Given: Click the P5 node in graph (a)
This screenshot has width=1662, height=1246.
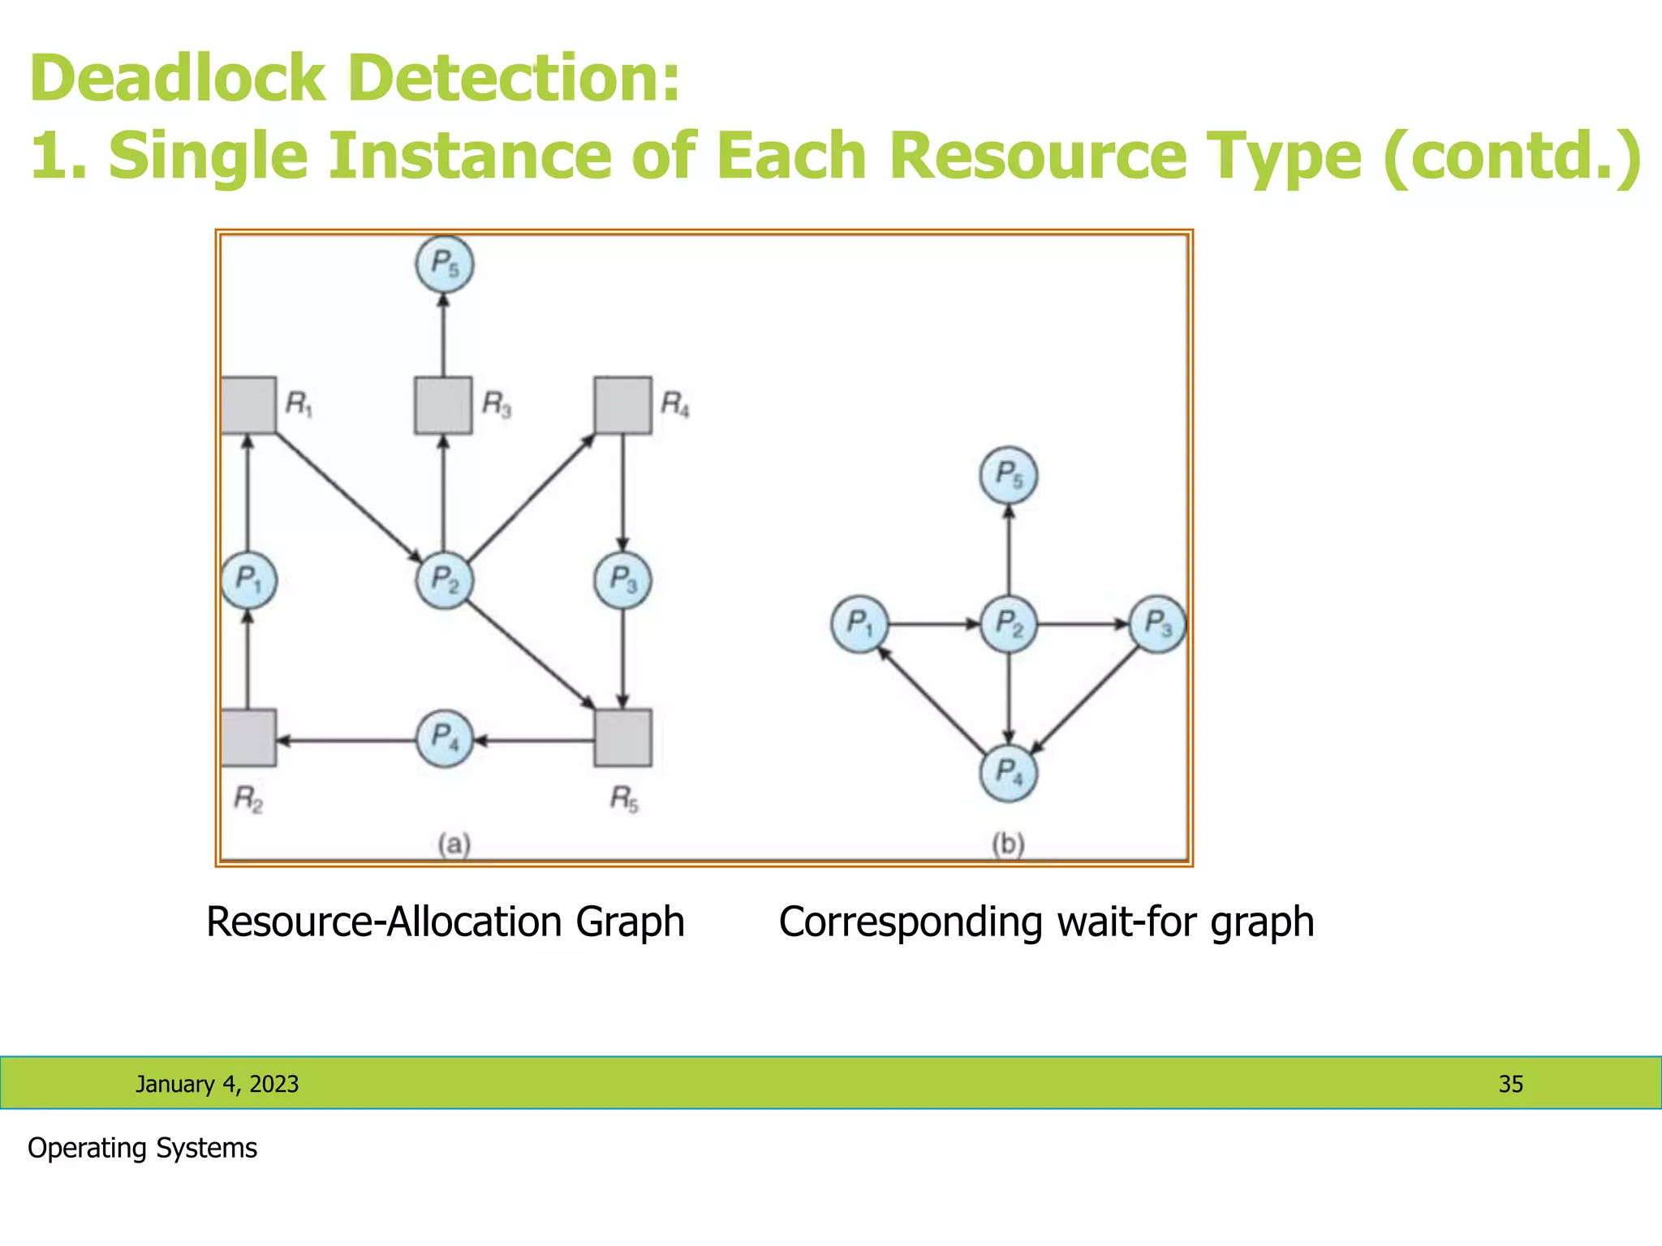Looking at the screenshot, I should click(x=444, y=264).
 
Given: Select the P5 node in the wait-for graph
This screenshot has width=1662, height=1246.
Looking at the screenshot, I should click(x=1008, y=475).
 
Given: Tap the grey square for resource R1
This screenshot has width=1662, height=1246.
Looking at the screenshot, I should click(x=248, y=405).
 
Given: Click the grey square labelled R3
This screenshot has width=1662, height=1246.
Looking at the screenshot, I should click(x=443, y=405).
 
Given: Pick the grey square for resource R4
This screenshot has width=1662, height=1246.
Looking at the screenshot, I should click(x=622, y=405).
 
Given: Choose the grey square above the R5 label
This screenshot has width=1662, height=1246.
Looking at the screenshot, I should click(x=622, y=737).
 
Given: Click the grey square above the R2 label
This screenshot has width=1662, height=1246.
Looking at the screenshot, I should click(x=248, y=737).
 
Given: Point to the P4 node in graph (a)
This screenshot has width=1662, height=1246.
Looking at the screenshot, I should click(x=444, y=738).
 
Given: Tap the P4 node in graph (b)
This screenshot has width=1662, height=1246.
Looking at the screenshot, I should click(x=1008, y=773).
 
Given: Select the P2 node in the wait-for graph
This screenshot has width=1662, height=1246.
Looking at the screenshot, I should click(x=1008, y=624).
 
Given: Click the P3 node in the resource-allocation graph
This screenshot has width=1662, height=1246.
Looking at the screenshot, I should click(x=622, y=580).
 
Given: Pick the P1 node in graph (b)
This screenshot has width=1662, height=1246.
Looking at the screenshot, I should click(x=859, y=624).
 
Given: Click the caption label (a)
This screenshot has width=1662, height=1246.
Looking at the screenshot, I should click(x=454, y=844).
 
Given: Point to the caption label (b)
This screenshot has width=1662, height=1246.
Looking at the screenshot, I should click(x=1008, y=844).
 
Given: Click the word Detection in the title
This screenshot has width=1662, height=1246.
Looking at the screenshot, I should click(x=514, y=79).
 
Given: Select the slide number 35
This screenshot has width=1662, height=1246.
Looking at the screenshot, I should click(x=1510, y=1084).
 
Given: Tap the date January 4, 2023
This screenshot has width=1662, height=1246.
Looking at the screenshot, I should click(x=217, y=1084).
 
